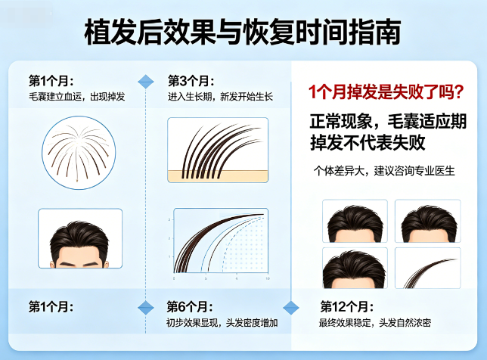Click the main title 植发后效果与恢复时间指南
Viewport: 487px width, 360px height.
(x=243, y=33)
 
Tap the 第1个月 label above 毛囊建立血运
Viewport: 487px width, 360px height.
(x=51, y=81)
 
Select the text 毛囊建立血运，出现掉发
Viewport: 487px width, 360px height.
(x=77, y=97)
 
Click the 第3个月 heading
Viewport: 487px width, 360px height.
(x=191, y=81)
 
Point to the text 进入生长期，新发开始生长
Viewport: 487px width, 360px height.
(x=220, y=97)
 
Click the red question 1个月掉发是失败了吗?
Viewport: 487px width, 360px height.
(x=386, y=92)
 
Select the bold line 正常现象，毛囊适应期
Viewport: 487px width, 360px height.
(x=388, y=120)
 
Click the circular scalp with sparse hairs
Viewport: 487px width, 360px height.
(x=79, y=151)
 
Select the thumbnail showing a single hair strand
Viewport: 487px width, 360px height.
(x=429, y=268)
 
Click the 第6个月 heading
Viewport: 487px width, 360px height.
(x=190, y=307)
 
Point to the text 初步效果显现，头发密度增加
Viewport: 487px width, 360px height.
(x=222, y=323)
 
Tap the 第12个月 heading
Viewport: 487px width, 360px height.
(x=346, y=307)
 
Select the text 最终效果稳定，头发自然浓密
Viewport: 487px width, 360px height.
(x=376, y=323)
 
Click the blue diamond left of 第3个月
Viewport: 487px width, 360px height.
(x=146, y=81)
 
